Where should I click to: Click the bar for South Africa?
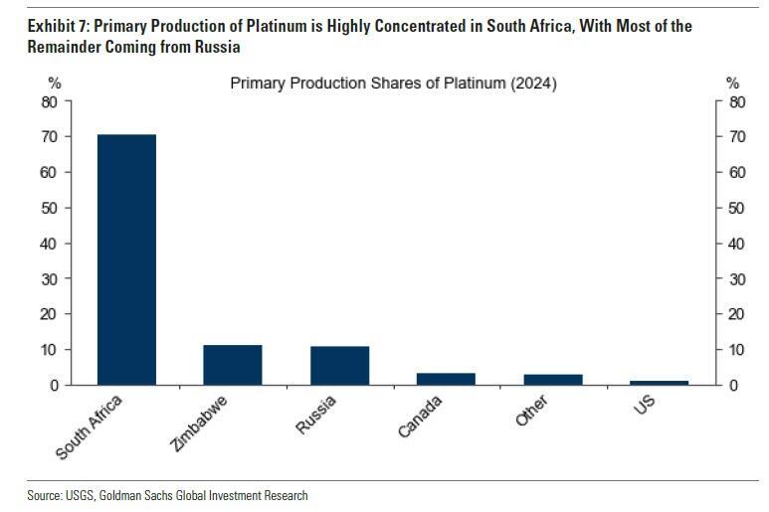[126, 258]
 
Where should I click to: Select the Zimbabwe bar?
[233, 365]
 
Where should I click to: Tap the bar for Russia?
[339, 366]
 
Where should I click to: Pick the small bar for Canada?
[446, 379]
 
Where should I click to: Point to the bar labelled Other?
[553, 380]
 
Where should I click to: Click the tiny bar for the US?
[660, 383]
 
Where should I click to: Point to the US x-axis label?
[646, 407]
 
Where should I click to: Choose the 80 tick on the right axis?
[736, 101]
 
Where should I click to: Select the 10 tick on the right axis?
[736, 350]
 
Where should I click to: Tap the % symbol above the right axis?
[732, 84]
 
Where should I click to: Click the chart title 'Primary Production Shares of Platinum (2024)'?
[393, 84]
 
